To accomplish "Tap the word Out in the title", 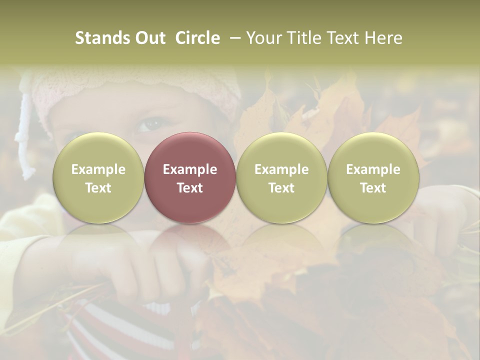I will tap(148, 38).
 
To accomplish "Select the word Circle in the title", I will tap(197, 38).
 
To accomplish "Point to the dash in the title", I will tap(233, 38).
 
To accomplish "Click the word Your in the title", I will tap(263, 38).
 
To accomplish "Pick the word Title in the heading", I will tap(302, 38).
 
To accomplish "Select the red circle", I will tap(190, 177).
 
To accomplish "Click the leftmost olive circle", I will tap(98, 177).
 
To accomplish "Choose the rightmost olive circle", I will tap(373, 177).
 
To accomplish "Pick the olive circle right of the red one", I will tap(281, 177).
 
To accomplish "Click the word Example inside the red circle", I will tap(190, 169).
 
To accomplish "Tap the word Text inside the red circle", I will tap(190, 188).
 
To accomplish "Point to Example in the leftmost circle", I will tap(98, 169).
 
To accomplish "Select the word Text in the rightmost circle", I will tap(373, 188).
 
